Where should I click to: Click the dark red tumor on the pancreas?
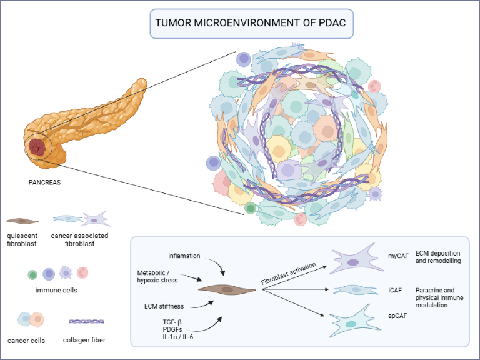point(37,147)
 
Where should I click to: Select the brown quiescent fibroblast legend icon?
point(22,221)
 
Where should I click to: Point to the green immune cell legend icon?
point(32,274)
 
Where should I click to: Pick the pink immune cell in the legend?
point(82,273)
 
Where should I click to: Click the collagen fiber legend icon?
point(86,321)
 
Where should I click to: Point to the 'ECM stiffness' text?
point(164,306)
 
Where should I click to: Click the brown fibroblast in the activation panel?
point(226,289)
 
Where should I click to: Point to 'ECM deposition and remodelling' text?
point(437,257)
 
